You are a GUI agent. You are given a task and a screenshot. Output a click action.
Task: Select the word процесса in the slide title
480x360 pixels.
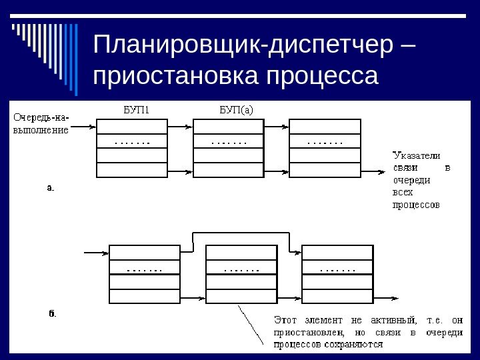(x=322, y=75)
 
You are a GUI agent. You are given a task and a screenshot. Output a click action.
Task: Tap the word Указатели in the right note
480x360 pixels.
(x=415, y=155)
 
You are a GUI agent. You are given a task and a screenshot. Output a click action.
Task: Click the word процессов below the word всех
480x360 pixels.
(x=415, y=205)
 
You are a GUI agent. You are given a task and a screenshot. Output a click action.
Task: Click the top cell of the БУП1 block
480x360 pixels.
(x=132, y=127)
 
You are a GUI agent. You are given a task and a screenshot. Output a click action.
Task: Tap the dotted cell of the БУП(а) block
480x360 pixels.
(x=228, y=141)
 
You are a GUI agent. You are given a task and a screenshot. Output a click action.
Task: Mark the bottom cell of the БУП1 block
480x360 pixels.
(x=132, y=170)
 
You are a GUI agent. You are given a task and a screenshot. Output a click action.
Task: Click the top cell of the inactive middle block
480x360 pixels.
(x=240, y=252)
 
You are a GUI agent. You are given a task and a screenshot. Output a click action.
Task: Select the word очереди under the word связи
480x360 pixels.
(x=411, y=180)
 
